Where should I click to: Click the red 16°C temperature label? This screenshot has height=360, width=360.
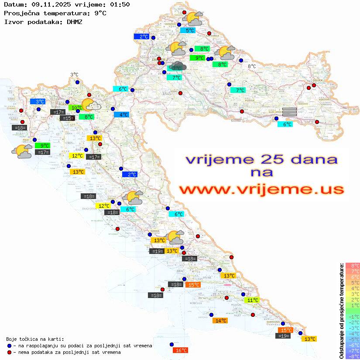pos(180,350)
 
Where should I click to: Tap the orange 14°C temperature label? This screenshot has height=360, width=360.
pos(220,321)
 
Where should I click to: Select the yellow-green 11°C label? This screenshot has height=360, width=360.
pos(252,300)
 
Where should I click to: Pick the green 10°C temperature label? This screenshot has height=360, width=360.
pos(76,107)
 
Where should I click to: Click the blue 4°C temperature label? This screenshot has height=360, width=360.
pos(121,115)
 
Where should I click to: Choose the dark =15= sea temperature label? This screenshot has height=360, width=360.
pos(67,118)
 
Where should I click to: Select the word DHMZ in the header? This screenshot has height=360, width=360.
pos(75,21)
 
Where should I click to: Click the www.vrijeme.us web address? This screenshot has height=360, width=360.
pos(261,190)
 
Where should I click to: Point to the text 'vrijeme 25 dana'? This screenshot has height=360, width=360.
pos(261,159)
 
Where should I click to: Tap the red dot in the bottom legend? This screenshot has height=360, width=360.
pos(10,352)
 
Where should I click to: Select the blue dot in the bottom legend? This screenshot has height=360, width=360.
pos(10,346)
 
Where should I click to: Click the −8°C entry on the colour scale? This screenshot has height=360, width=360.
pos(352,357)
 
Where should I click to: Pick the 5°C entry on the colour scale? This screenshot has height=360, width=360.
pos(352,282)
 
